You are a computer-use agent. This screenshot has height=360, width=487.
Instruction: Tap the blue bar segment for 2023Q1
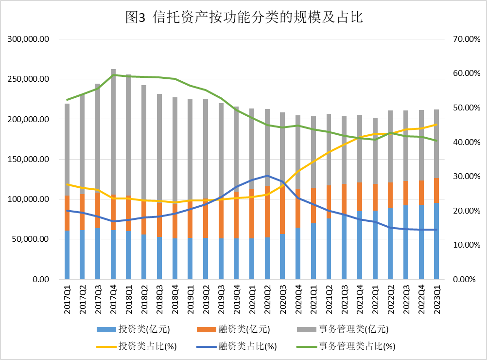coord(436,241)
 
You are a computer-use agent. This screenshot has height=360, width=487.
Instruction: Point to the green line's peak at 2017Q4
coord(113,75)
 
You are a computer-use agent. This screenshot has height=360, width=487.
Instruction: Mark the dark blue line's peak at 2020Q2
coord(267,176)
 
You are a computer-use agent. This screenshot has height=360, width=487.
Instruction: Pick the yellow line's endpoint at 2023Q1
coord(436,124)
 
